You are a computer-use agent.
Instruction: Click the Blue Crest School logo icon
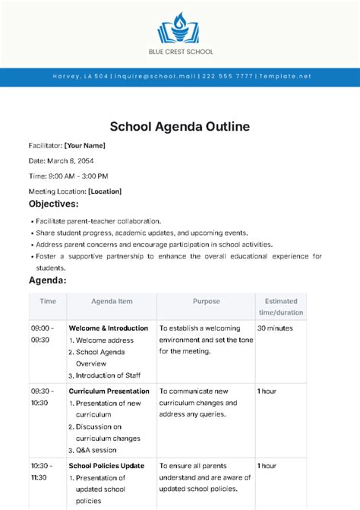[179, 28]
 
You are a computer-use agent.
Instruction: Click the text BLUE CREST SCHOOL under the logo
[180, 52]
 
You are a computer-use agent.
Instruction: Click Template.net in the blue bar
[283, 77]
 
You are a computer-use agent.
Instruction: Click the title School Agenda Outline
[180, 125]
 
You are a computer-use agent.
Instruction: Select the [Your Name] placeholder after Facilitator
[84, 145]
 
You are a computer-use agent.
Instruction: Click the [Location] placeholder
[105, 192]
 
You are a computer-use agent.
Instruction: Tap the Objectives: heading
[53, 204]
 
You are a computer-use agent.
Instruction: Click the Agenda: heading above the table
[47, 280]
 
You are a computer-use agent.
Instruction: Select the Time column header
[48, 301]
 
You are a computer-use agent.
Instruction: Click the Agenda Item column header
[112, 301]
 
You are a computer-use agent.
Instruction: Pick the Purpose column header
[206, 301]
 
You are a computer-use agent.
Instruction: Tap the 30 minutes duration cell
[274, 328]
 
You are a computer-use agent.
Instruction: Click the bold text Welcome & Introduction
[109, 328]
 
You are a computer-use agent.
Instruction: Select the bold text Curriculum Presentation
[109, 391]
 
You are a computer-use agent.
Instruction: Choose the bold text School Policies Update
[106, 465]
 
